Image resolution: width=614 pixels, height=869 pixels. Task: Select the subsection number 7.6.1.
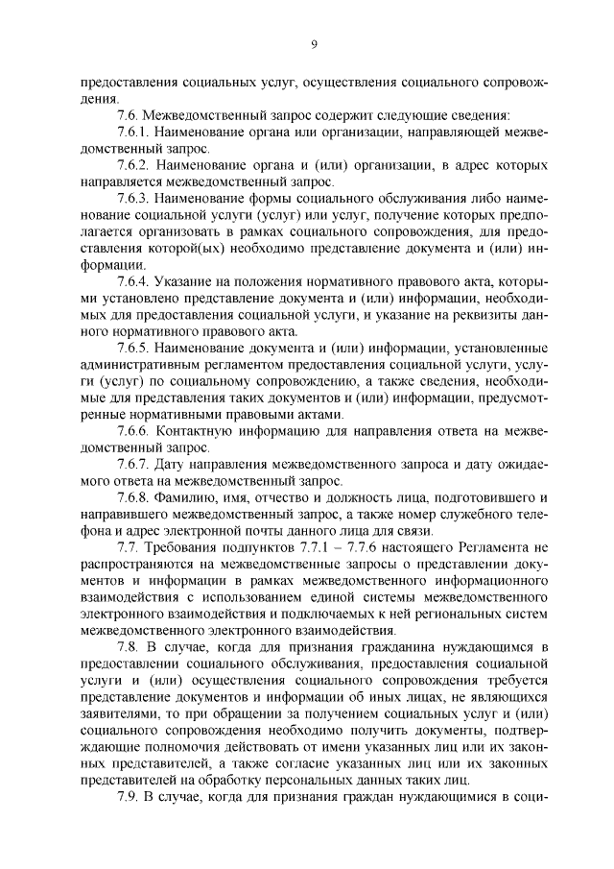point(133,133)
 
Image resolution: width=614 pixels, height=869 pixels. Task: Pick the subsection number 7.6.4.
point(133,281)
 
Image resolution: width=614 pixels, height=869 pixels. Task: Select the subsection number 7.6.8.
point(133,497)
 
